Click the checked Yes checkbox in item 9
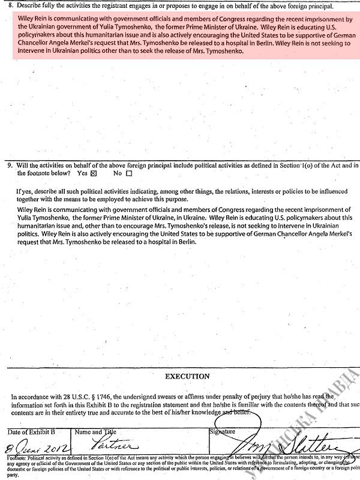coord(93,173)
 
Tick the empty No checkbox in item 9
coord(128,173)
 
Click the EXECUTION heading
coord(187,376)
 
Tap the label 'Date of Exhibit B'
coord(31,432)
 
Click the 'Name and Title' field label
coord(96,432)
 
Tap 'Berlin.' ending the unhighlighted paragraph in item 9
coord(185,243)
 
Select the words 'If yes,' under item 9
coord(26,191)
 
